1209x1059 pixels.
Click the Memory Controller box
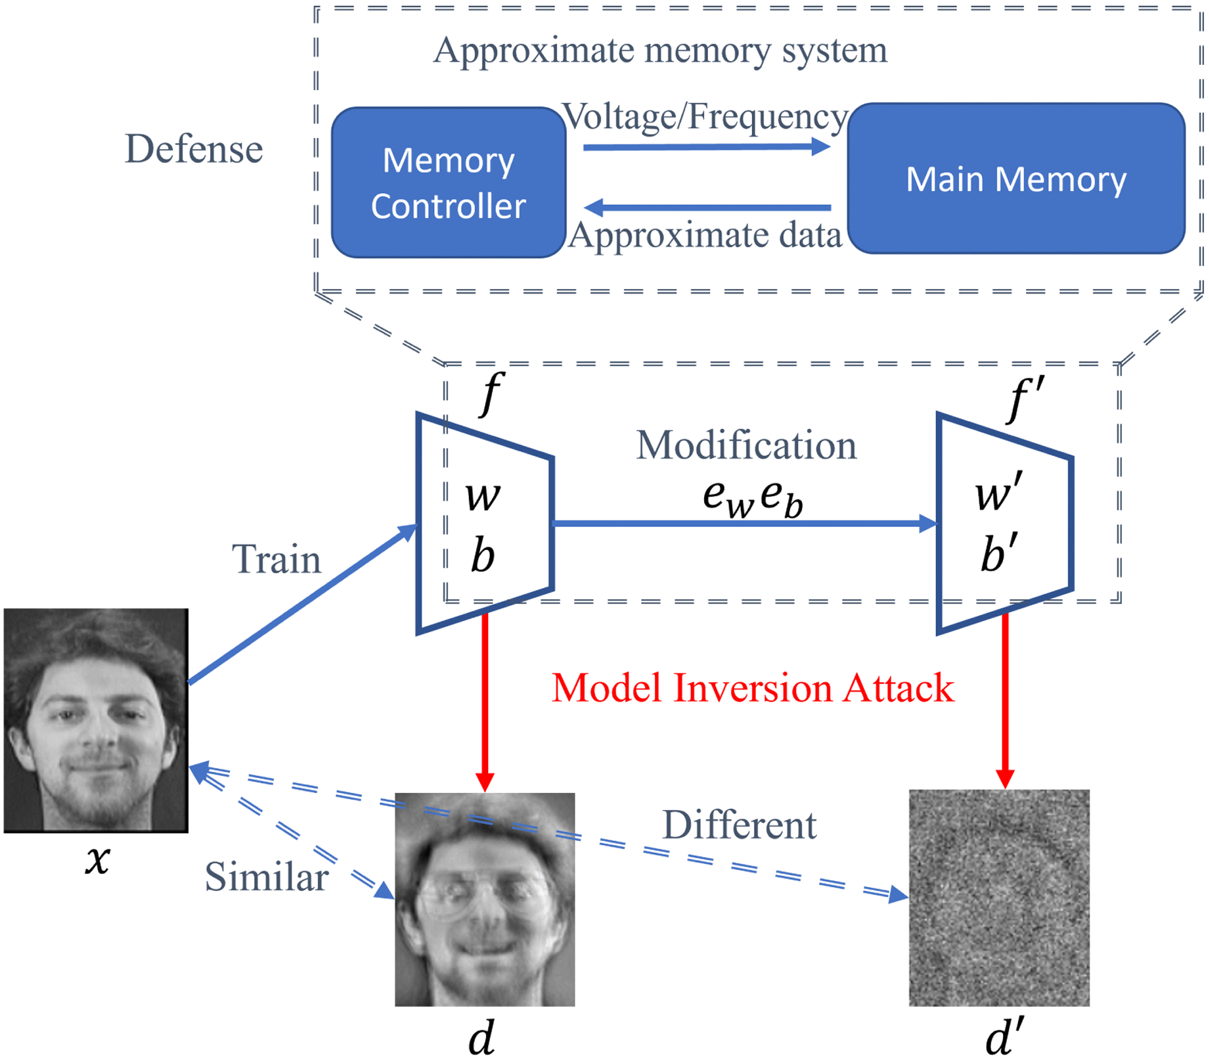(x=448, y=183)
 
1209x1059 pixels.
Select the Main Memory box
(x=1016, y=179)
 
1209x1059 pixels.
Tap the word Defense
(x=194, y=150)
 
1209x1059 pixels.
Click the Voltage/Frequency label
(x=705, y=116)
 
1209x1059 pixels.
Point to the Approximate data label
(x=705, y=235)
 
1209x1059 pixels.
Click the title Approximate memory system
(x=660, y=50)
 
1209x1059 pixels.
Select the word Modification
(x=746, y=445)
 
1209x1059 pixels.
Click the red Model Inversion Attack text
(x=753, y=688)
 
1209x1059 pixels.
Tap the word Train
(x=276, y=559)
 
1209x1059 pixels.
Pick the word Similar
(x=266, y=876)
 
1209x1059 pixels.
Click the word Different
(x=739, y=825)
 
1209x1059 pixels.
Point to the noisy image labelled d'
(x=999, y=898)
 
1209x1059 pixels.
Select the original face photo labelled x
(x=96, y=720)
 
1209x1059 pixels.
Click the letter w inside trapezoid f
(x=483, y=496)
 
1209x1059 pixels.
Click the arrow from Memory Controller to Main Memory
(x=707, y=148)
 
